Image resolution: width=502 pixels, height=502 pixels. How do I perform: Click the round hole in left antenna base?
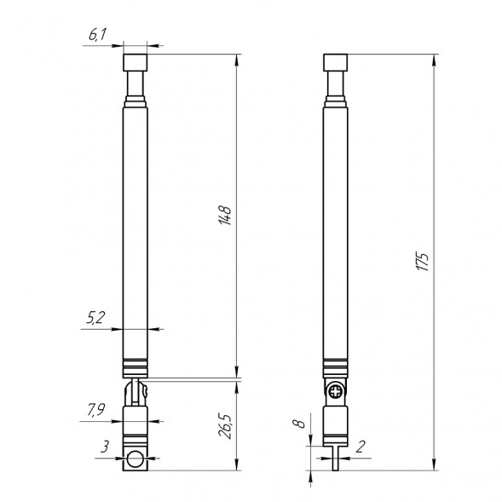click(x=135, y=460)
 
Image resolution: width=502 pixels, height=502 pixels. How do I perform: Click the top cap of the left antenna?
click(x=135, y=62)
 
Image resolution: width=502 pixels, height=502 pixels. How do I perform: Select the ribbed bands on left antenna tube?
click(x=135, y=366)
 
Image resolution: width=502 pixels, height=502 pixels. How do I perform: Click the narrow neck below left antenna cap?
click(x=135, y=84)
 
